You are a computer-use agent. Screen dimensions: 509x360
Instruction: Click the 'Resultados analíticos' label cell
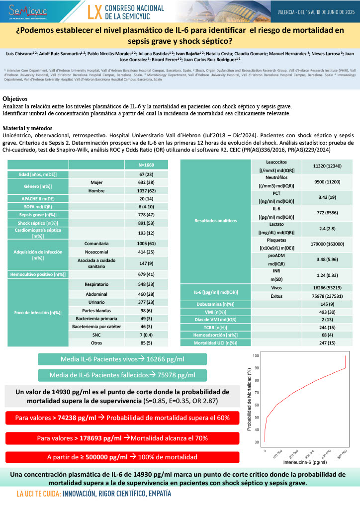(216, 220)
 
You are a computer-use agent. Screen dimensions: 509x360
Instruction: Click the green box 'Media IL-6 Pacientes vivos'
(118, 359)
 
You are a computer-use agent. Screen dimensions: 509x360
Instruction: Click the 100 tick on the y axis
(256, 356)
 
